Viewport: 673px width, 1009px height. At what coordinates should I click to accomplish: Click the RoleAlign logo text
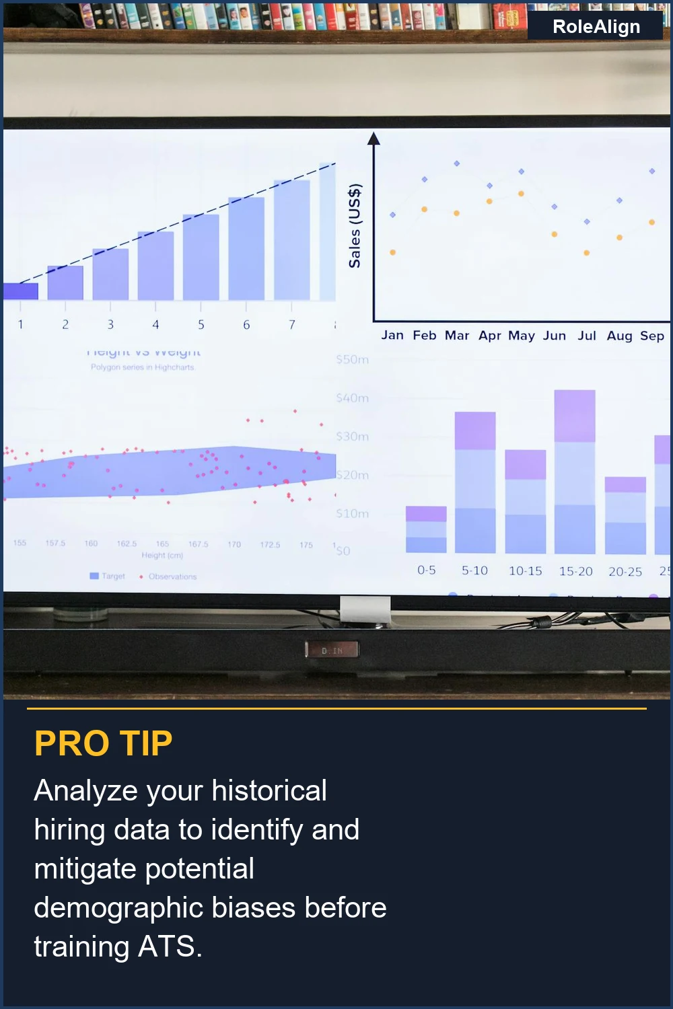[x=596, y=27]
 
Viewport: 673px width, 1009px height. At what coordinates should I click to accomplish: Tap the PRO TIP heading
[x=104, y=743]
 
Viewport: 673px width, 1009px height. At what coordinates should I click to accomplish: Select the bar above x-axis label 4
[x=155, y=266]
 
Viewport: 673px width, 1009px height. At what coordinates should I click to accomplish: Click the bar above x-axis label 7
[x=291, y=240]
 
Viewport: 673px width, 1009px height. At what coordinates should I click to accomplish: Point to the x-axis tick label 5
[x=201, y=325]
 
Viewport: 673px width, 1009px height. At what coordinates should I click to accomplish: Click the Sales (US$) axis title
[x=355, y=225]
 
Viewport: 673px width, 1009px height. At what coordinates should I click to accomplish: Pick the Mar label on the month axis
[x=457, y=335]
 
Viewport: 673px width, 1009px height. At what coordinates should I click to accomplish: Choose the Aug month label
[x=619, y=336]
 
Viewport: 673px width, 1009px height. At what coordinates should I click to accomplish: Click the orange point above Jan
[x=392, y=252]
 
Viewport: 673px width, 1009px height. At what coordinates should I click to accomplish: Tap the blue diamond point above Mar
[x=457, y=163]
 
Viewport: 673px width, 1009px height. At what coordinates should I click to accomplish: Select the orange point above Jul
[x=587, y=253]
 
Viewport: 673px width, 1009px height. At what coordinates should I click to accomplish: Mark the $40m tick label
[x=353, y=398]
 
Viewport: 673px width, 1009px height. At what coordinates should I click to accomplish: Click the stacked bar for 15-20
[x=574, y=472]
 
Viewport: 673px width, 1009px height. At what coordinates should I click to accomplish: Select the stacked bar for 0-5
[x=426, y=529]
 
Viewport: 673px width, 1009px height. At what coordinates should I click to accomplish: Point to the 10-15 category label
[x=525, y=571]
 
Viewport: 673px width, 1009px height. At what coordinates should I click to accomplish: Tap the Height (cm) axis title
[x=162, y=556]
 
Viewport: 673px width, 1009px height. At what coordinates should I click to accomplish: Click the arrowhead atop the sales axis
[x=374, y=139]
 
